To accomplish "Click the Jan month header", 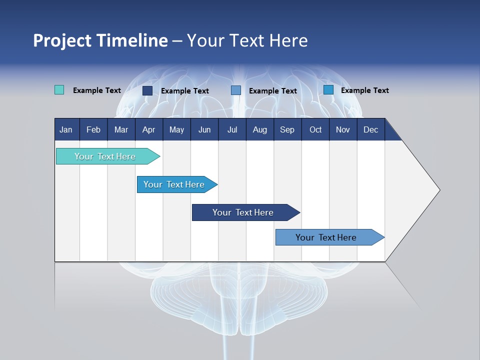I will click(x=66, y=129).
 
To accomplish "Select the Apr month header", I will click(x=148, y=129).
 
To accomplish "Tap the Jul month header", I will click(x=232, y=129).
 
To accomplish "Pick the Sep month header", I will click(x=287, y=129).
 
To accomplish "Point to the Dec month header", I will click(x=370, y=129).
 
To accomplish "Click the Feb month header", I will click(x=93, y=129).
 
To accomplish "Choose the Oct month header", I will click(x=315, y=129).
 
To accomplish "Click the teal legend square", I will click(x=59, y=90).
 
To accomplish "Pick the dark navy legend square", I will click(x=147, y=90).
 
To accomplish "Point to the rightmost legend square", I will click(x=328, y=90).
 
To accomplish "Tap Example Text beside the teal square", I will click(x=97, y=90).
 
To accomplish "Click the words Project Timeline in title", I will click(x=100, y=40).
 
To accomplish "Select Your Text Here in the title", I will click(x=247, y=40).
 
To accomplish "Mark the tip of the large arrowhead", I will click(x=439, y=190).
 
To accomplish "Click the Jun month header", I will click(x=204, y=129).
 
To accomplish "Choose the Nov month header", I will click(x=342, y=129).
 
